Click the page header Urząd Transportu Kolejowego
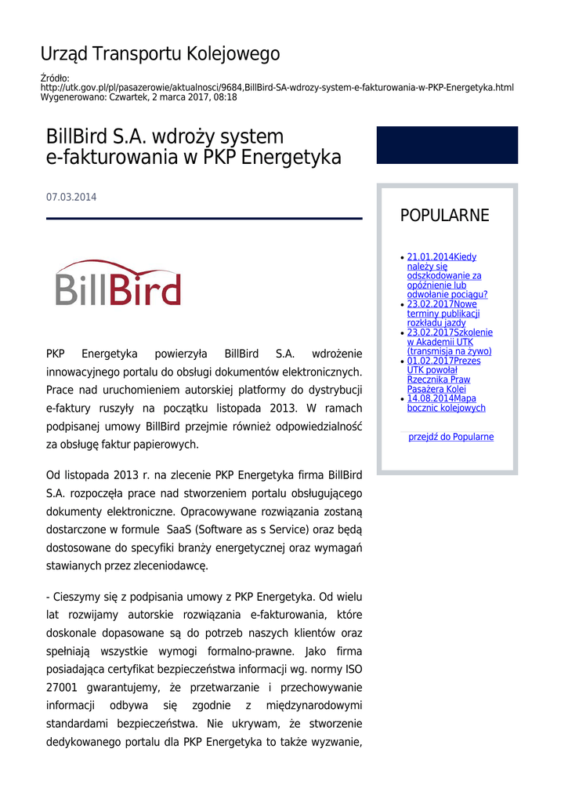(160, 54)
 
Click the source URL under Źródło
(277, 88)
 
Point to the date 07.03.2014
(71, 198)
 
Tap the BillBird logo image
(118, 282)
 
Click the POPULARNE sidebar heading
(444, 216)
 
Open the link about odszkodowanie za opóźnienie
(446, 276)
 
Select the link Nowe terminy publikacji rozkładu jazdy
(443, 314)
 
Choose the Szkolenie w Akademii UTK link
(449, 342)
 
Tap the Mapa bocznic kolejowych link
(446, 403)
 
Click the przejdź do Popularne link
(450, 437)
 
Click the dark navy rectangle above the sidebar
(447, 145)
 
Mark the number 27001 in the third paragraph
(61, 688)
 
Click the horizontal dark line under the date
(204, 219)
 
